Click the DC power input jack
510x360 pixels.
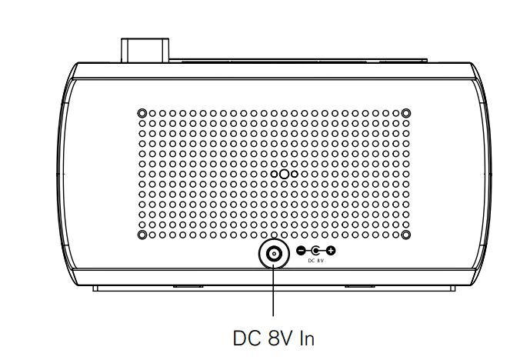click(274, 253)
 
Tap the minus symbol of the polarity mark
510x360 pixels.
click(301, 251)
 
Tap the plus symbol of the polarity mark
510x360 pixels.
click(331, 251)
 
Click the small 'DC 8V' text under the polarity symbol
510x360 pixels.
click(316, 261)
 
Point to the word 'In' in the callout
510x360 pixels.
click(307, 338)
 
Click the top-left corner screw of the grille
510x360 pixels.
click(142, 113)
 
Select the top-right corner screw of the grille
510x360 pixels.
click(406, 113)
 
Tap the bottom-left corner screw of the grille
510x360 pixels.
click(142, 235)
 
